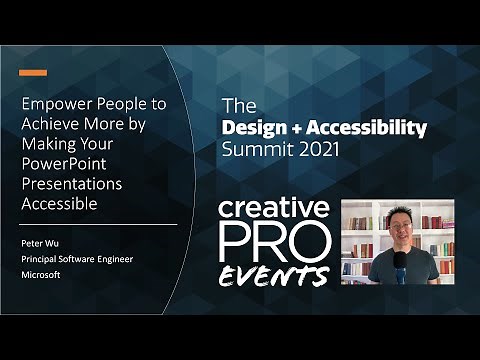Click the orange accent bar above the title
click(33, 72)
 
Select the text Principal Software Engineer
click(78, 259)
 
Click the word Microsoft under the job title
click(41, 275)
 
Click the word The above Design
click(235, 106)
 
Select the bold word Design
click(254, 128)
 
